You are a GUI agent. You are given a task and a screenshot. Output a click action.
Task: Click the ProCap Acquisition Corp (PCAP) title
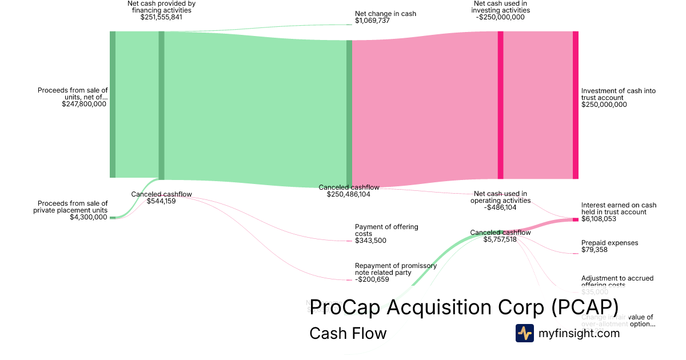click(464, 307)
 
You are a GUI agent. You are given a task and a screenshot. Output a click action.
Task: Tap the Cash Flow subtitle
click(348, 333)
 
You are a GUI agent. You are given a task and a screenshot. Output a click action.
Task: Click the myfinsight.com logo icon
click(524, 333)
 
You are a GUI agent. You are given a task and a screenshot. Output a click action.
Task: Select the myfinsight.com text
click(579, 333)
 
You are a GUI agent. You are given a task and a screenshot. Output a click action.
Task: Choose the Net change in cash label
click(385, 13)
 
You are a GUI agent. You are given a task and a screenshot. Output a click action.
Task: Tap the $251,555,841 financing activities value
click(161, 17)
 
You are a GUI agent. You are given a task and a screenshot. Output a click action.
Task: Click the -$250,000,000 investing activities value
click(500, 17)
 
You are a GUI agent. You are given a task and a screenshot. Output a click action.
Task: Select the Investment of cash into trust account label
click(618, 94)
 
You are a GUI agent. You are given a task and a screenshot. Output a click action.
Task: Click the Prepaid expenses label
click(609, 243)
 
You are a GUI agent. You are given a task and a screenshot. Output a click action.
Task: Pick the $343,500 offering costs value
click(370, 241)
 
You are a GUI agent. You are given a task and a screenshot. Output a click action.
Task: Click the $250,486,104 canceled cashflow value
click(348, 194)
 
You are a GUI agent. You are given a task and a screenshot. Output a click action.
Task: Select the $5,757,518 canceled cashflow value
click(500, 239)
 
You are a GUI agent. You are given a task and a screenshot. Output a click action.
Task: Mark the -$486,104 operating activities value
click(500, 207)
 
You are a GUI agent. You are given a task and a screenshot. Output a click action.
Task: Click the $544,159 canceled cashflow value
click(161, 201)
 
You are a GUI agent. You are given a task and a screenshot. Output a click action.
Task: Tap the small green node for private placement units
click(113, 217)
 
